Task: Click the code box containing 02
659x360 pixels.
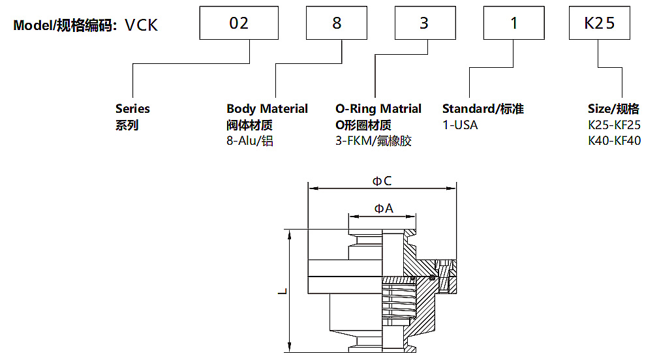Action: point(239,23)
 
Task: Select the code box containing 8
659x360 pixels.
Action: point(337,23)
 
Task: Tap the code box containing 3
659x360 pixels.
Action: point(424,23)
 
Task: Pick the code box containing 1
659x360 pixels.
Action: point(513,23)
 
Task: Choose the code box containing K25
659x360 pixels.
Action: point(600,23)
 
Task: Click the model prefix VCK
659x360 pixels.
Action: point(141,25)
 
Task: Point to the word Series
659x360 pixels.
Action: point(132,109)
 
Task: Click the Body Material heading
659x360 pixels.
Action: point(267,109)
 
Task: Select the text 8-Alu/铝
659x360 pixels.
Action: point(250,141)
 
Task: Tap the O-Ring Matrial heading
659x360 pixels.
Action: point(378,109)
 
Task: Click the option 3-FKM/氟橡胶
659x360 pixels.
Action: point(374,141)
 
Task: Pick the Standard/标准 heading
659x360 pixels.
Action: point(483,109)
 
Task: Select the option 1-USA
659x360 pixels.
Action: point(460,125)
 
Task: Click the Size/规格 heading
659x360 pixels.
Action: point(613,109)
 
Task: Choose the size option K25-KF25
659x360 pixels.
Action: point(614,125)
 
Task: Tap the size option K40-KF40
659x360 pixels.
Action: point(614,141)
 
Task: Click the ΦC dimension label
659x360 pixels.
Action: point(382,181)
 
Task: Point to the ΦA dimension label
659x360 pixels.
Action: point(383,209)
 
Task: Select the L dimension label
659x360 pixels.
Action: point(281,292)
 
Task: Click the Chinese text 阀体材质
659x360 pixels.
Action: point(249,125)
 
